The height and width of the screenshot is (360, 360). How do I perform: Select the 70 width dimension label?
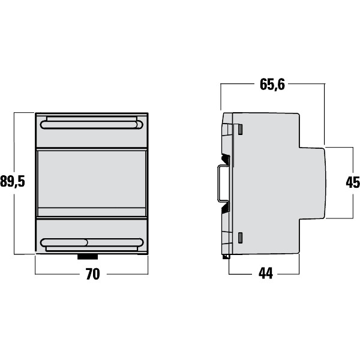point(92,274)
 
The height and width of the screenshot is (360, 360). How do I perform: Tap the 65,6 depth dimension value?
point(272,85)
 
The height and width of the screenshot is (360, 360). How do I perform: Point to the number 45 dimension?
point(352,182)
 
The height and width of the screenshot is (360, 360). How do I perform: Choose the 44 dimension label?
point(265,274)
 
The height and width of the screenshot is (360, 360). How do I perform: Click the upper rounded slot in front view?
point(91,125)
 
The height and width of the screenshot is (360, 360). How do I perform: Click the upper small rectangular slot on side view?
point(239,129)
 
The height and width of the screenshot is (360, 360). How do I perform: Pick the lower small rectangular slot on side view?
point(239,237)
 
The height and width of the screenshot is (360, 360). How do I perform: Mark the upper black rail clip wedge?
point(226,160)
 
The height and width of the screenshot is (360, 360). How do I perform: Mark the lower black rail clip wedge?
point(226,208)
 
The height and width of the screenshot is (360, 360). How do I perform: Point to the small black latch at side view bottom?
point(226,257)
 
